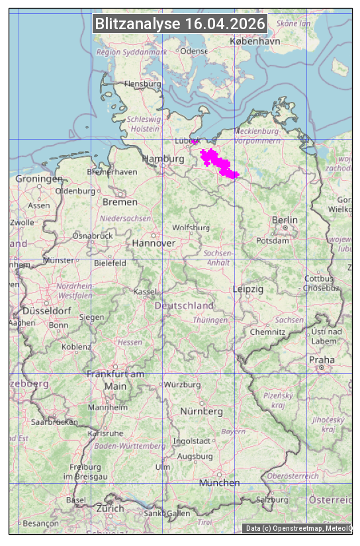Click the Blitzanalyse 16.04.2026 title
[x=180, y=24]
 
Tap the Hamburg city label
[x=163, y=159]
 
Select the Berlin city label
[x=285, y=220]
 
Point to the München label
[x=220, y=482]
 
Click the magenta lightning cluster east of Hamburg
[x=218, y=163]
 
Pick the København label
[x=255, y=41]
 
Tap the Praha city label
[x=321, y=360]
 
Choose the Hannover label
[x=154, y=243]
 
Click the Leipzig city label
[x=248, y=289]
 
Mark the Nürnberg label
[x=202, y=411]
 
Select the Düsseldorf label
[x=47, y=310]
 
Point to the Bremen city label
[x=120, y=202]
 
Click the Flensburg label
[x=143, y=84]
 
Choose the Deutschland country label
[x=184, y=305]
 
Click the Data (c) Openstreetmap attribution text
[x=298, y=528]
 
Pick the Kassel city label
[x=144, y=291]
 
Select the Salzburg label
[x=273, y=499]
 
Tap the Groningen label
[x=39, y=179]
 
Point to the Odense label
[x=194, y=51]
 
